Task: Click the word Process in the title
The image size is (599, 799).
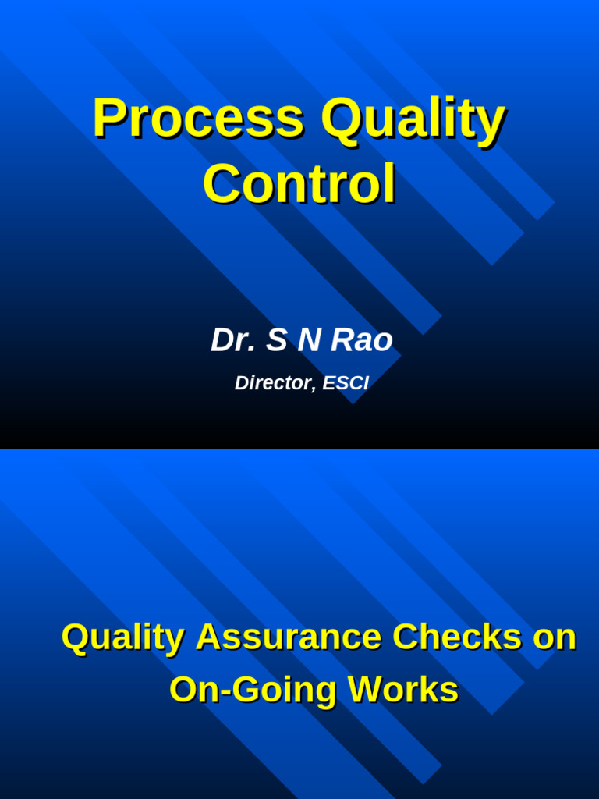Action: coord(197,119)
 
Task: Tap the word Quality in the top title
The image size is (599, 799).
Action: coord(413,119)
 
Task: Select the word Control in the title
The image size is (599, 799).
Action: coord(299,184)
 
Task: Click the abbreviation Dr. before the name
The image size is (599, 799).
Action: coord(231,340)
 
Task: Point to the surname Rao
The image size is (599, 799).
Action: coord(361,340)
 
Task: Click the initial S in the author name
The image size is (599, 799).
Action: coord(276,340)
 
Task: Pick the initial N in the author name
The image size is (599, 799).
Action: coord(308,340)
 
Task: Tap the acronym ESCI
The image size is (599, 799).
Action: coord(346,383)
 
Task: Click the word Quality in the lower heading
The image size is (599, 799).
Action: coord(122,638)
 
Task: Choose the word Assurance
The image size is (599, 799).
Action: coord(289,637)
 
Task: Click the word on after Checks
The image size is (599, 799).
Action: coord(554,638)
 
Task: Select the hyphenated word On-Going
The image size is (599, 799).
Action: coord(253,691)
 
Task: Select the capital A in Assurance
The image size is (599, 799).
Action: coord(209,637)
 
